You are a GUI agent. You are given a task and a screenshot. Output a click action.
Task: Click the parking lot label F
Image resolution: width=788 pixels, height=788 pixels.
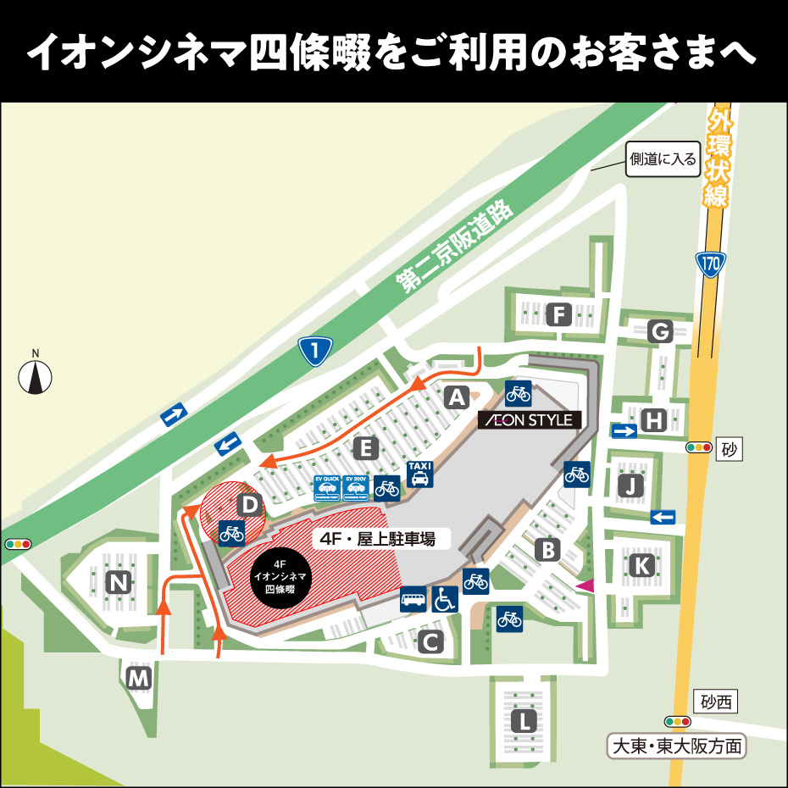[558, 315]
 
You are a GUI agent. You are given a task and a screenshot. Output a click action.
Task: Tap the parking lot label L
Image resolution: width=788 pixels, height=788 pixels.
[525, 722]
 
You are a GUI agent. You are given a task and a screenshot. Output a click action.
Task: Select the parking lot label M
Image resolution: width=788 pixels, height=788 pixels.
[139, 677]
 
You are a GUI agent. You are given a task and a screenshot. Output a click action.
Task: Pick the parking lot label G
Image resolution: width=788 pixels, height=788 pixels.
[659, 331]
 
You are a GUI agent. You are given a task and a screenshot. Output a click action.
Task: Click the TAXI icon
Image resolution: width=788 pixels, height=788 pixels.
[420, 474]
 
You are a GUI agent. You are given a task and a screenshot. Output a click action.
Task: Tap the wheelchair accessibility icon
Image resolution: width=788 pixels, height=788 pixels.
[445, 599]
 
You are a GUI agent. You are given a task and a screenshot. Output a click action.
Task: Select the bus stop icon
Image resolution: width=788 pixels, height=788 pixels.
[413, 599]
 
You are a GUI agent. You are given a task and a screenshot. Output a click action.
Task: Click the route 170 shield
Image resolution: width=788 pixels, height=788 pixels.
[710, 264]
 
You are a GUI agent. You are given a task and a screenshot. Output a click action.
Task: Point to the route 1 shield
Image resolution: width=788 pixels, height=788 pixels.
[315, 349]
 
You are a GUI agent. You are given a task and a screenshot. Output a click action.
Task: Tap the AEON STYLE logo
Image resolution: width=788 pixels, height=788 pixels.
[530, 419]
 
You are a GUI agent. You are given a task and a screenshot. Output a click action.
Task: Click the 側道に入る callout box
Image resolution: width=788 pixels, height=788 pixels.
[662, 158]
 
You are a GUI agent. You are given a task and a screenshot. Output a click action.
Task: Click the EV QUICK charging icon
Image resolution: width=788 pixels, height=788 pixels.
[326, 488]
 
